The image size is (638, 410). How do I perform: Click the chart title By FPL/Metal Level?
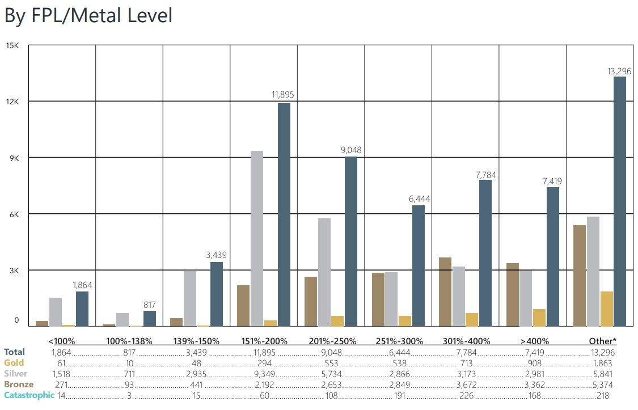(88, 15)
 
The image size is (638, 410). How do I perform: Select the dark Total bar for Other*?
(620, 201)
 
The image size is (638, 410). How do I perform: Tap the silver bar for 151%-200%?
(257, 238)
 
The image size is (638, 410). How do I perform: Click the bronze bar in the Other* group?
(580, 276)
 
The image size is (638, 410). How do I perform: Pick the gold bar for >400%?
(539, 318)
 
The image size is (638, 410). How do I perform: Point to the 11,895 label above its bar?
(283, 95)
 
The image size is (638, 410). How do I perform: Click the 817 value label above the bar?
(150, 305)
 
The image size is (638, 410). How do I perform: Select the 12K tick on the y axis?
(12, 102)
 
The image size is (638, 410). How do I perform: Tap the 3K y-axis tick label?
(14, 270)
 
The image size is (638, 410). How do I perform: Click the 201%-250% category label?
(333, 341)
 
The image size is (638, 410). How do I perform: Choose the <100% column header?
(62, 341)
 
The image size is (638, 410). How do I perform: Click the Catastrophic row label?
(29, 395)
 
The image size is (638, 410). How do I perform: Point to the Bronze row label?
(19, 384)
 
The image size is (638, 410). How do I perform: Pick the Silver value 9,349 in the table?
(264, 374)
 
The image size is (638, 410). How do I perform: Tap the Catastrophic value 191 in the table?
(399, 395)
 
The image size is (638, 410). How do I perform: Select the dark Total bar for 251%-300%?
(418, 265)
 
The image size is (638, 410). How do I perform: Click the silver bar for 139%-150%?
(190, 298)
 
